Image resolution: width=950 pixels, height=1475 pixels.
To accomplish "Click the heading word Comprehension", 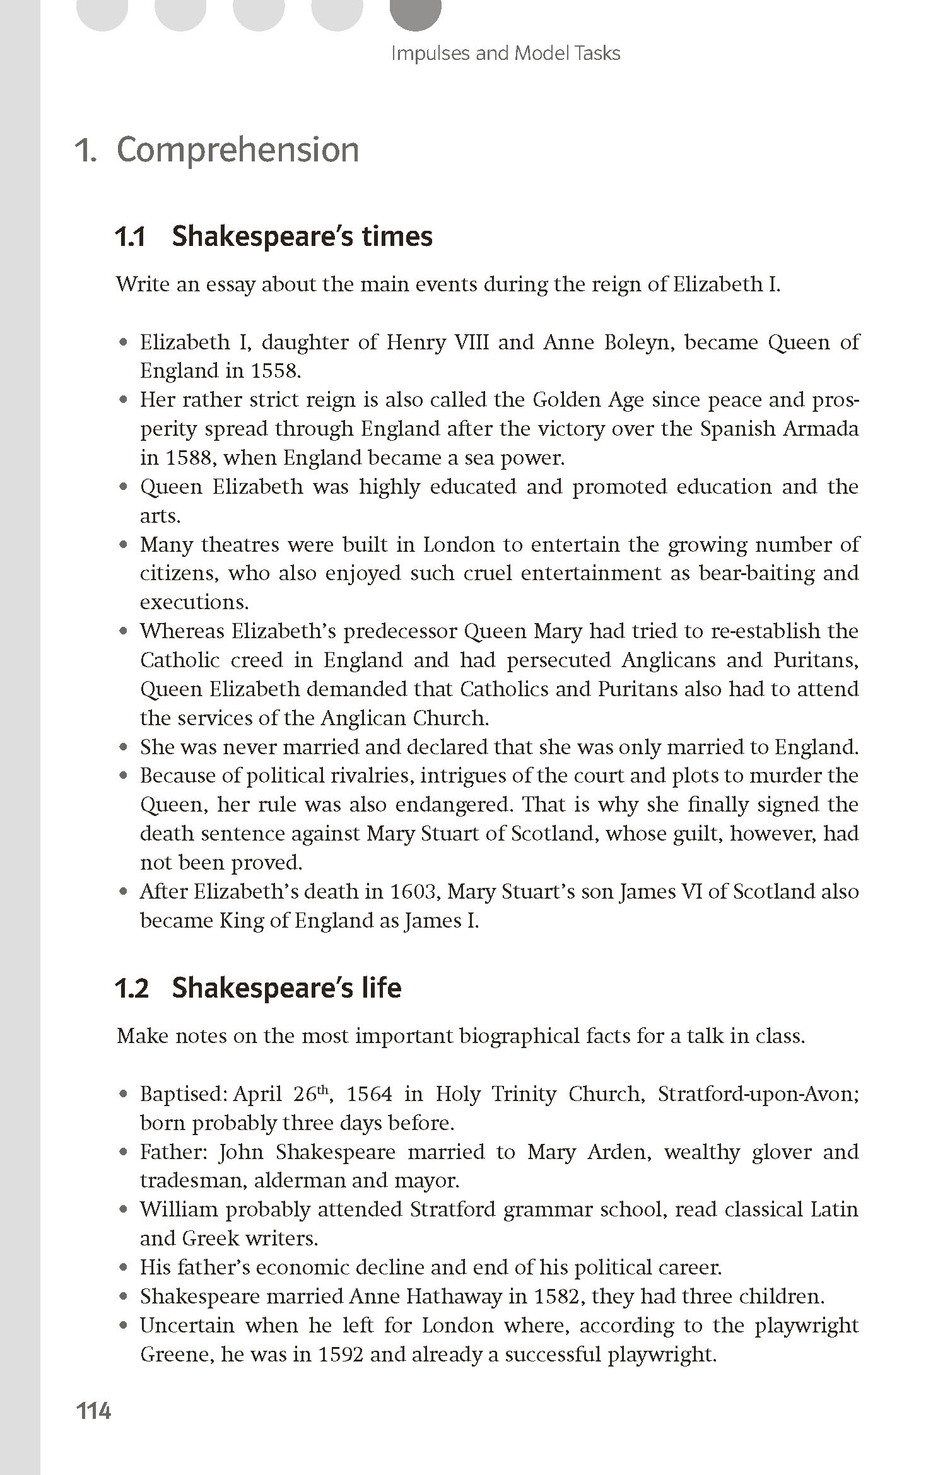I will [x=238, y=150].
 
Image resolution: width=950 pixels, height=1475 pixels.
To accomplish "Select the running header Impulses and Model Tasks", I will [x=505, y=53].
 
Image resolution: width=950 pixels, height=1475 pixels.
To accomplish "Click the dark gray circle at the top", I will [x=415, y=11].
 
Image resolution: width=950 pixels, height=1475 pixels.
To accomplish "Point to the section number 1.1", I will [x=130, y=236].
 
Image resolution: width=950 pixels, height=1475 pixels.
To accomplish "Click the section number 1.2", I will [x=131, y=988].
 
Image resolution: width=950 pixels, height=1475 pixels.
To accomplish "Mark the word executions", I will [x=194, y=602].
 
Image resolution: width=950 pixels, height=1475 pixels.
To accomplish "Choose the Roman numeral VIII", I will [x=469, y=342].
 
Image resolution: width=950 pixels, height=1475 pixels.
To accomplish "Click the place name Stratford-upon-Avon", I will [x=757, y=1094].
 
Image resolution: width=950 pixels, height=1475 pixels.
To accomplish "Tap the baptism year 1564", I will [x=370, y=1094].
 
